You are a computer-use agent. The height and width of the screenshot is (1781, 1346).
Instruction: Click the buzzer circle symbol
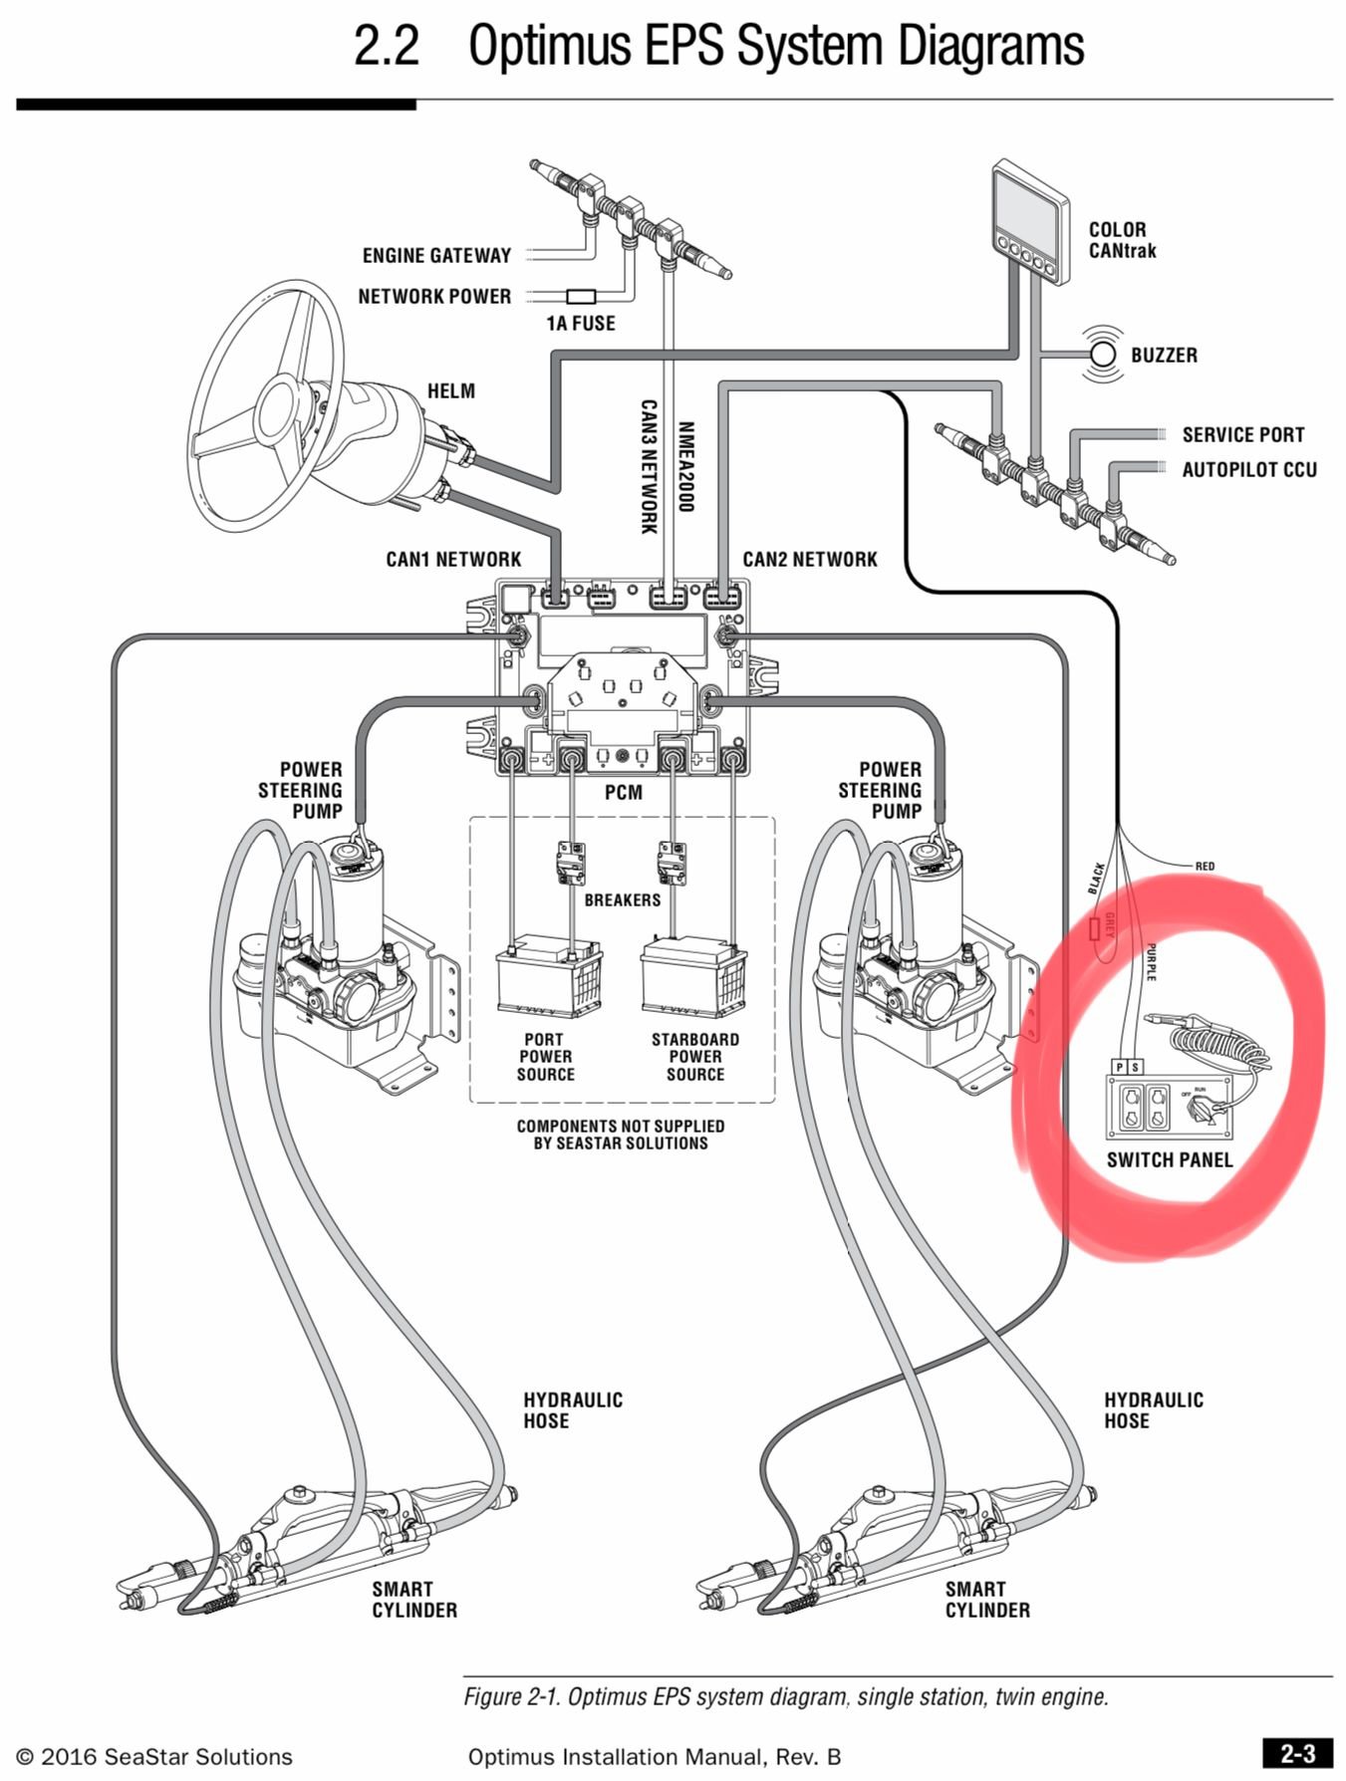pos(1103,354)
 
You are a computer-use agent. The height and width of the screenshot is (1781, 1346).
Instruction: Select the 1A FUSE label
pos(581,323)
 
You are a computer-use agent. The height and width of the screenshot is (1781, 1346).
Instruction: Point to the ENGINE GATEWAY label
pos(436,256)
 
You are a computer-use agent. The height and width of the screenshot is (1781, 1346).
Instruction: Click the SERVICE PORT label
pos(1242,435)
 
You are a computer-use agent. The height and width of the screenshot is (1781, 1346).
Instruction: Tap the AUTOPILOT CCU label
pos(1248,470)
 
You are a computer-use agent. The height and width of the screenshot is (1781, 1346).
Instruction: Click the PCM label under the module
pos(624,793)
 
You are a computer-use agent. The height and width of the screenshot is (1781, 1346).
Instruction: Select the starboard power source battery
pos(693,977)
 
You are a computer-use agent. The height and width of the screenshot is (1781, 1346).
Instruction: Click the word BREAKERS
pos(623,900)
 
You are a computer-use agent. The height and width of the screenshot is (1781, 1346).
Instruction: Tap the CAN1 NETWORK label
pos(453,560)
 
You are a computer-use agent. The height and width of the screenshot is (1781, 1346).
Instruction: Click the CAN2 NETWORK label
pos(809,560)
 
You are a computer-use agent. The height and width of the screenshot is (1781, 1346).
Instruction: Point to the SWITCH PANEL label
pos(1169,1160)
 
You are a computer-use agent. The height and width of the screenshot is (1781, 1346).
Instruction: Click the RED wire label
pos(1205,866)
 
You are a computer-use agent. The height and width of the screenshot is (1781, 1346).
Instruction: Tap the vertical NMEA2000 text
pos(685,466)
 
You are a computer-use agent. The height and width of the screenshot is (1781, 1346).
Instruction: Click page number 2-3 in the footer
pos(1296,1754)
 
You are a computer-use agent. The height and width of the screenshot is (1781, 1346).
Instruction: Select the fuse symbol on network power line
pos(581,296)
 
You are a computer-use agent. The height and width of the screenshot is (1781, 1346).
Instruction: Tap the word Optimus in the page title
pos(550,47)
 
